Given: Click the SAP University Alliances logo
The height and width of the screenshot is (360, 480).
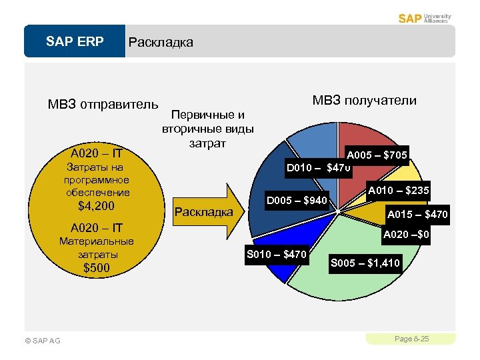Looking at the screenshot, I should coord(425,18).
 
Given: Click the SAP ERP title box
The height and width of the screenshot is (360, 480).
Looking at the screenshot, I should coord(75,42).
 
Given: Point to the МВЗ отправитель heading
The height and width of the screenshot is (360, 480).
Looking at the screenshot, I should coord(103,105).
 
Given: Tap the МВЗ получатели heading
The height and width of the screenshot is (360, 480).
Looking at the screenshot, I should coord(364,100).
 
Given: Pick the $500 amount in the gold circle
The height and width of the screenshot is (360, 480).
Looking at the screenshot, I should coord(97,268).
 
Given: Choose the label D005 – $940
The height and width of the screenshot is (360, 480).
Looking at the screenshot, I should coord(297,200).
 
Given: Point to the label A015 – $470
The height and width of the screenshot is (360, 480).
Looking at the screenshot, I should coord(419,215).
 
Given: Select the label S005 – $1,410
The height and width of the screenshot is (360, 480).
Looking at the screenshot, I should coord(365,263).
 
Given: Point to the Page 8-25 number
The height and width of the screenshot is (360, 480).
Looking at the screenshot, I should coord(411,339).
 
